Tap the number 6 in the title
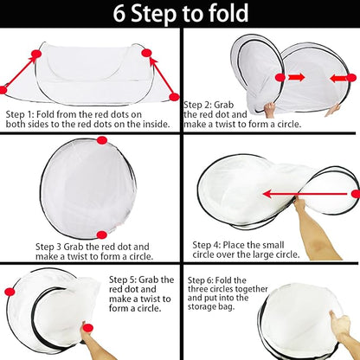[x=119, y=14]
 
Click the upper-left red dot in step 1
[x=36, y=54]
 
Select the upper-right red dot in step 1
[x=146, y=53]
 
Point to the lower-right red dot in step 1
[x=174, y=97]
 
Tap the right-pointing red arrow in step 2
[x=297, y=77]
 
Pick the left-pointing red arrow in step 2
[x=337, y=78]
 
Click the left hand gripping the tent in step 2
[x=270, y=110]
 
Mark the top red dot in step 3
[x=102, y=140]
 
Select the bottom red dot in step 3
[x=101, y=235]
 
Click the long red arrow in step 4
[x=305, y=194]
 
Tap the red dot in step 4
[x=356, y=194]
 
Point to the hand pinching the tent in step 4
[x=299, y=204]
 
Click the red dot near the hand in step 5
[x=87, y=328]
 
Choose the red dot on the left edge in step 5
[x=10, y=292]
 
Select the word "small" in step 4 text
[x=270, y=245]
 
